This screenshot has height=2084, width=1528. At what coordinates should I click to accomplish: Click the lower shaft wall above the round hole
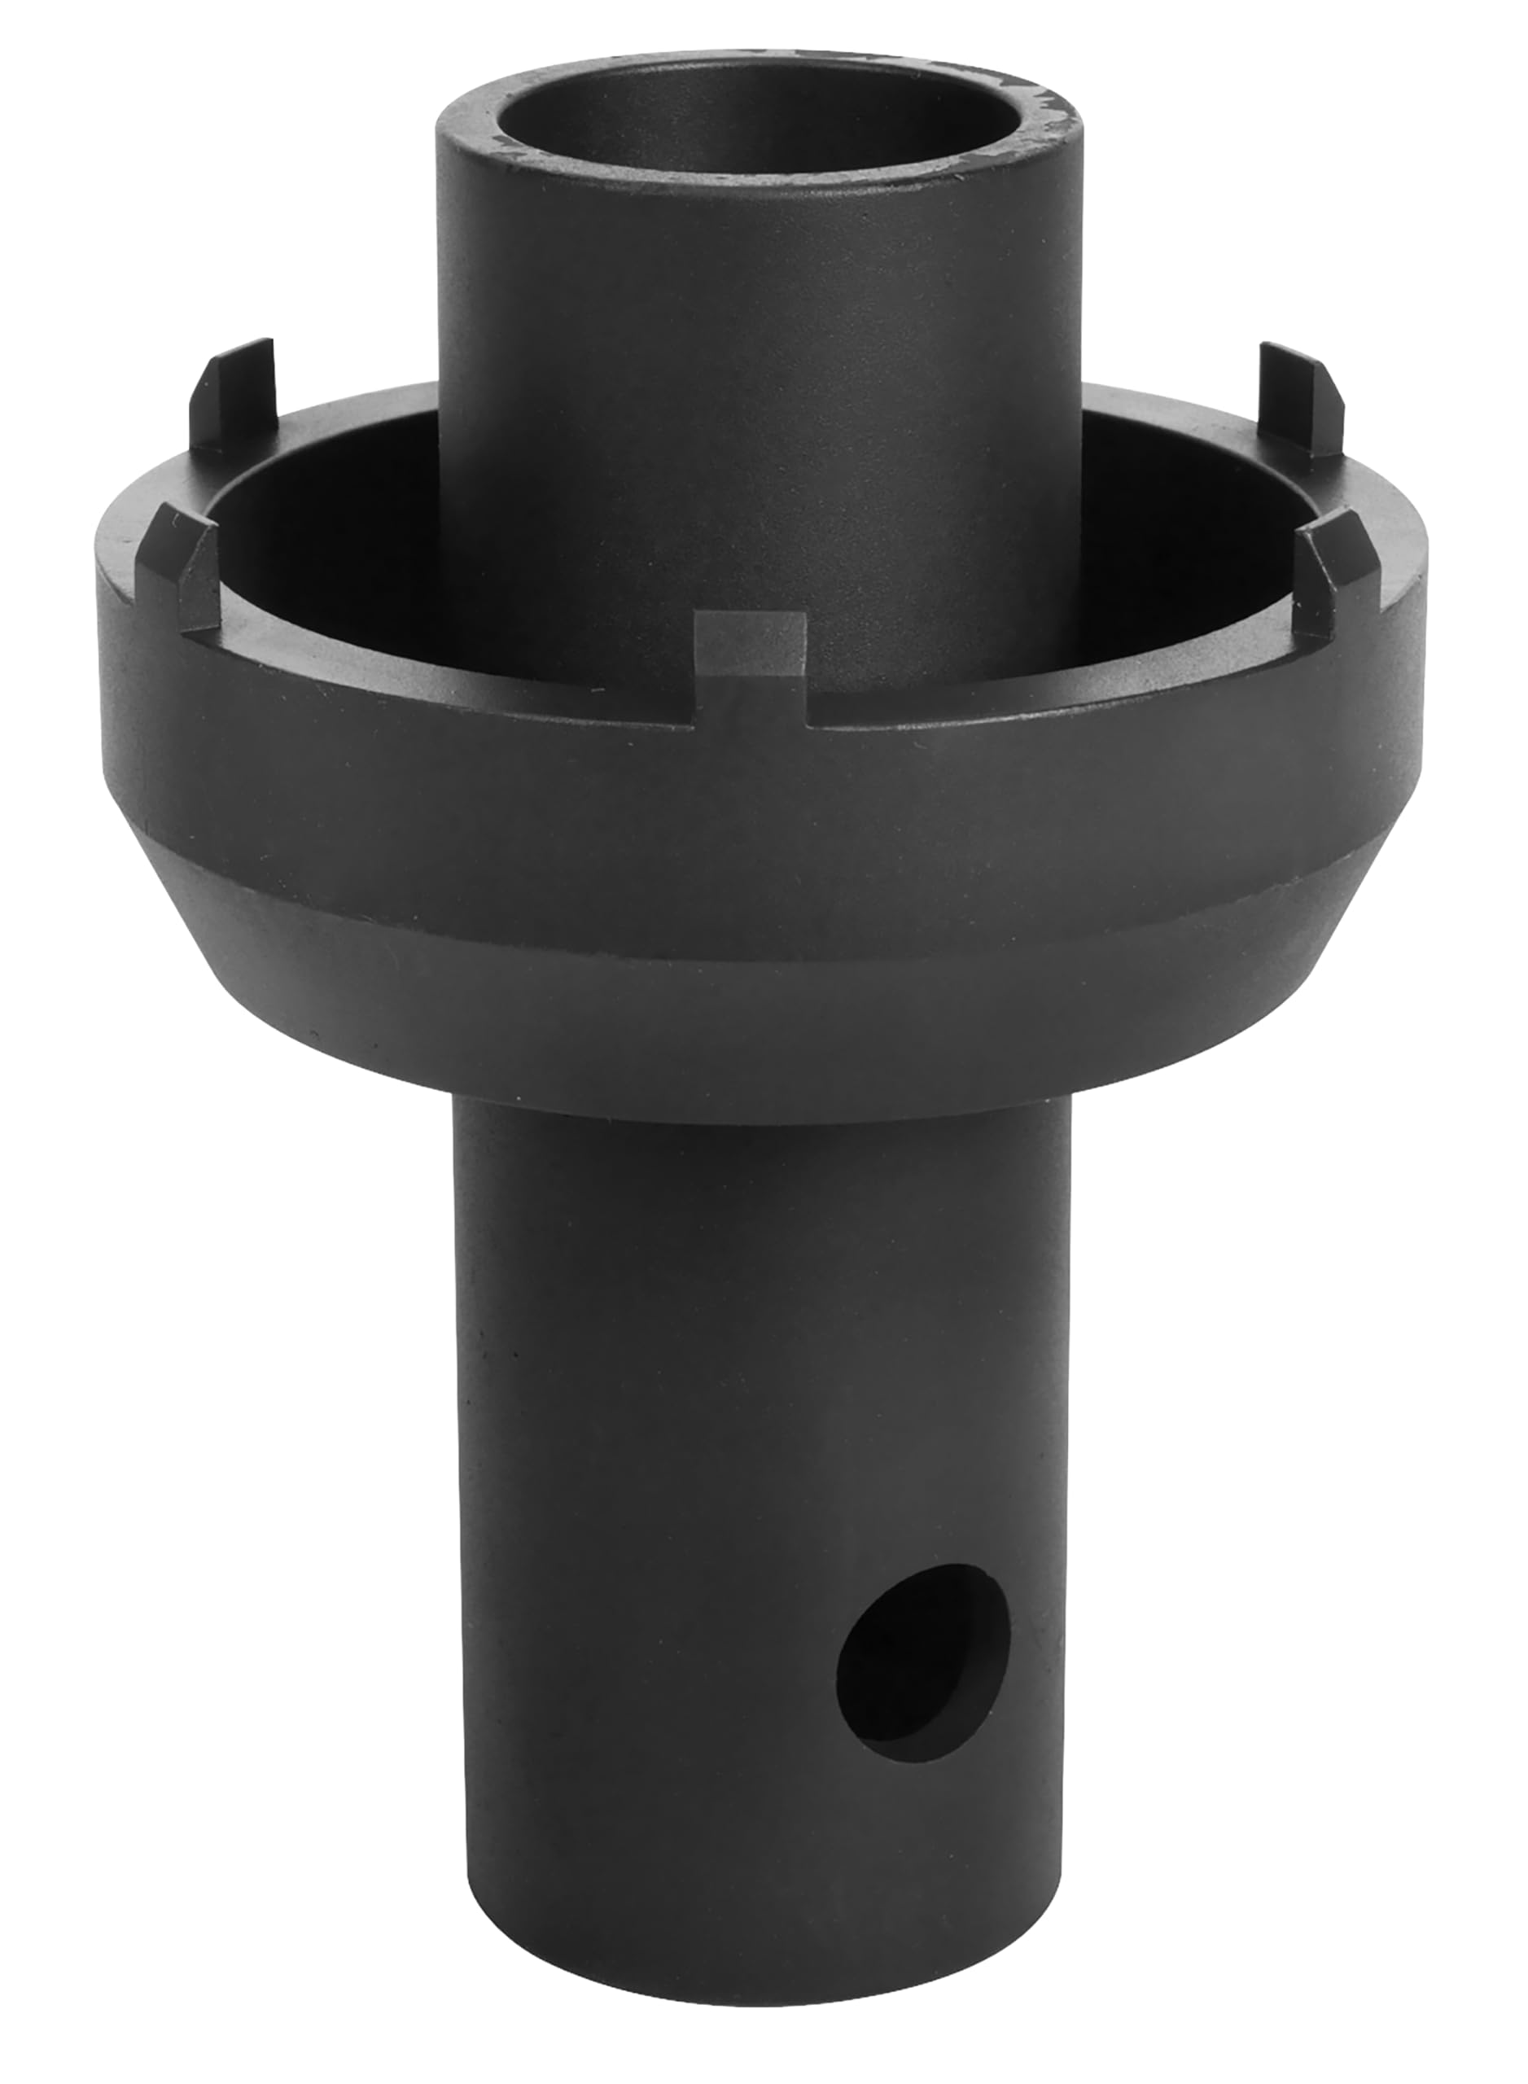point(759,1342)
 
